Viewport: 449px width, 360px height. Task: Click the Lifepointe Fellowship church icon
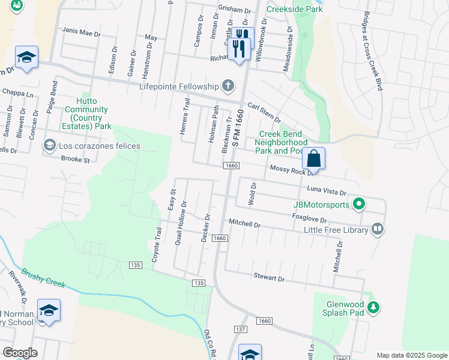[x=228, y=86]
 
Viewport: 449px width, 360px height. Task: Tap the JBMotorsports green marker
[x=358, y=205]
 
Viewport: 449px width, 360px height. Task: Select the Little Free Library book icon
[x=377, y=228]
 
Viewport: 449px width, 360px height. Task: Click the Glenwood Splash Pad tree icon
[x=373, y=308]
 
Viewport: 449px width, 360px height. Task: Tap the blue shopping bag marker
[x=313, y=160]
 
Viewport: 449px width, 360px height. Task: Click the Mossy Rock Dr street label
[x=292, y=170]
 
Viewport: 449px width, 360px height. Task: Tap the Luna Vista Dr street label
[x=327, y=190]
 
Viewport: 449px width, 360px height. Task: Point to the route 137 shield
[x=241, y=329]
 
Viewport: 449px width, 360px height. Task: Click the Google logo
[x=20, y=352]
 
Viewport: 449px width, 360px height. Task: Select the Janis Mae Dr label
[x=81, y=32]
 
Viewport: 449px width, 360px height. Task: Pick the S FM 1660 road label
[x=238, y=128]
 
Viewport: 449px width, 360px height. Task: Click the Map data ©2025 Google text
[x=411, y=355]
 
